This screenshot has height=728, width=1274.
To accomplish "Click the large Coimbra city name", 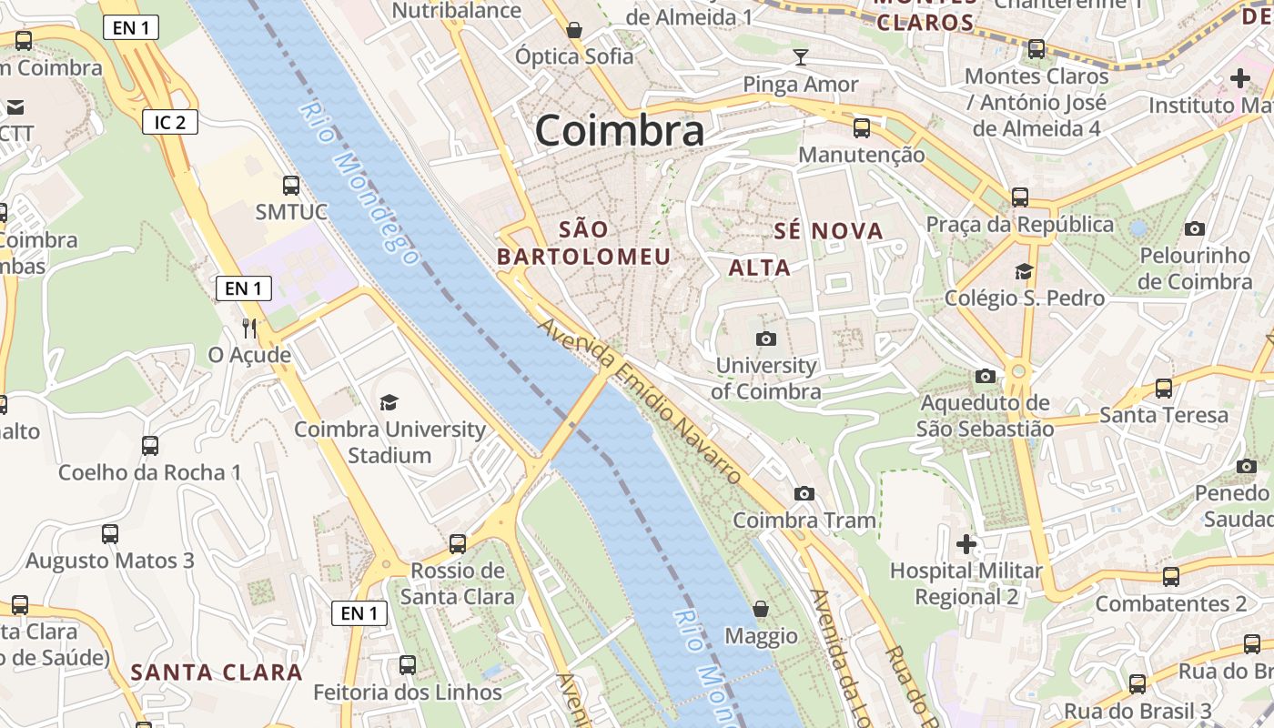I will (619, 131).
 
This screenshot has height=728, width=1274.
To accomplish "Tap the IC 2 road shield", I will (170, 122).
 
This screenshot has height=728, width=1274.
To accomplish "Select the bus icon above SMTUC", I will (291, 186).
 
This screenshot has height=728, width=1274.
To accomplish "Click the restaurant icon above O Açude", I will (249, 328).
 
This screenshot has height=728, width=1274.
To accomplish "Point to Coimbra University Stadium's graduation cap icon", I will (389, 402).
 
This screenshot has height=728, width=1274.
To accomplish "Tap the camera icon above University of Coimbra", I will (766, 339).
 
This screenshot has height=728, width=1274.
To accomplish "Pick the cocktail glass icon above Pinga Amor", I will (800, 58).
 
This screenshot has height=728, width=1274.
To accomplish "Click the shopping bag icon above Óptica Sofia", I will (574, 30).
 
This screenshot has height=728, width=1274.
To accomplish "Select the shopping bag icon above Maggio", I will (761, 609).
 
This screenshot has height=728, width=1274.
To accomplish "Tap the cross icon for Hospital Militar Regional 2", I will (966, 544).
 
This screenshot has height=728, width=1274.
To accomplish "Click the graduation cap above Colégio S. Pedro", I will (1025, 271).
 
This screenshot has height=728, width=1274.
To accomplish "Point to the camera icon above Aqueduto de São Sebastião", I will (985, 376).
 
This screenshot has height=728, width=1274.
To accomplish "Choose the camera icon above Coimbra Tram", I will (804, 493).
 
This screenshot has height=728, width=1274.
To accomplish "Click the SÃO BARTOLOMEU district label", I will (583, 243).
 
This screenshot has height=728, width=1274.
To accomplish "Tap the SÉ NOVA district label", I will (828, 231).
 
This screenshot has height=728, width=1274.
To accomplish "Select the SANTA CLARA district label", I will (216, 672).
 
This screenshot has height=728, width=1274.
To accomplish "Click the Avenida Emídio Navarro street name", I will (642, 400).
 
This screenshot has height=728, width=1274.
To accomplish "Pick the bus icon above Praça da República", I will (1020, 197).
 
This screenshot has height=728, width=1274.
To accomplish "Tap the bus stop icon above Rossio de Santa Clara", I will (458, 543).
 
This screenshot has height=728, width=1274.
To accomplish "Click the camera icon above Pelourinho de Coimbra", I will (1195, 228).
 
